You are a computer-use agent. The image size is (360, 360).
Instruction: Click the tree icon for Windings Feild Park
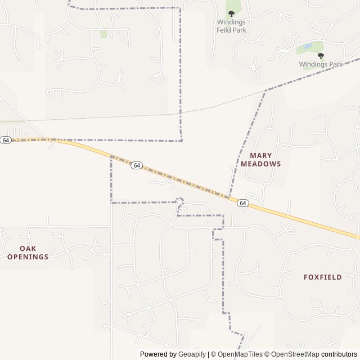(231, 13)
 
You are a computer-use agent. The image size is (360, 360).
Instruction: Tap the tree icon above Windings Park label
(321, 56)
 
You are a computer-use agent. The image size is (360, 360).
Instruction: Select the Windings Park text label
(321, 65)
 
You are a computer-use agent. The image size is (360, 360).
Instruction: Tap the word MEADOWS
(260, 164)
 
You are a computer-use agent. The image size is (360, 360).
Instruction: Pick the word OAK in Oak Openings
(28, 248)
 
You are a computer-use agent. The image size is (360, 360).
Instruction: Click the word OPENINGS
(28, 257)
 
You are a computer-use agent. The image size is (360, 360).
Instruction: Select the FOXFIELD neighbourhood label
(322, 277)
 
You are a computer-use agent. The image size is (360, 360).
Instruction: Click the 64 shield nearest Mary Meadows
(242, 203)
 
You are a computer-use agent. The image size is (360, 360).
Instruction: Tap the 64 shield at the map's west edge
(6, 140)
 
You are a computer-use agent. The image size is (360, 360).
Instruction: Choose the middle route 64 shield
(137, 165)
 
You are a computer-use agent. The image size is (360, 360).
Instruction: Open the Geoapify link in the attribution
(192, 354)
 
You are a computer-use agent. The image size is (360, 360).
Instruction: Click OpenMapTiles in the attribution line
(240, 354)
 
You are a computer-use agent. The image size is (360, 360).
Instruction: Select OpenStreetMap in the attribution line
(292, 354)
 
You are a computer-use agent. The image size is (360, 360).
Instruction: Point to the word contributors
(339, 354)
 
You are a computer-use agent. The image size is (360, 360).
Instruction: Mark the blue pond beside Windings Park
(307, 46)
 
